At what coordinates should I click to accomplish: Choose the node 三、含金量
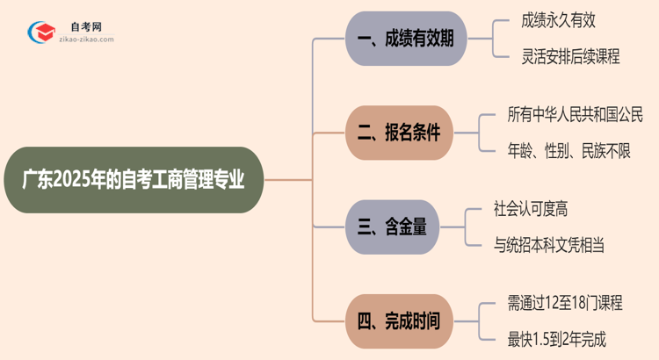pyautogui.click(x=393, y=227)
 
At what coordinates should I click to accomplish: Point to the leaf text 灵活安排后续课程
pyautogui.click(x=569, y=57)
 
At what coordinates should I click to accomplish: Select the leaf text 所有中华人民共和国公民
pyautogui.click(x=576, y=114)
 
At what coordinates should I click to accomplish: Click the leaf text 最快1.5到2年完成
pyautogui.click(x=557, y=339)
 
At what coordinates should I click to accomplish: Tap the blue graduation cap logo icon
pyautogui.click(x=40, y=32)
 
